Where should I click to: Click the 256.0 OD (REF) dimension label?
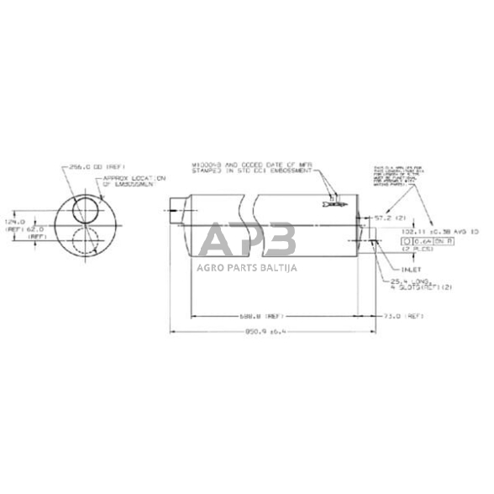92,167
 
